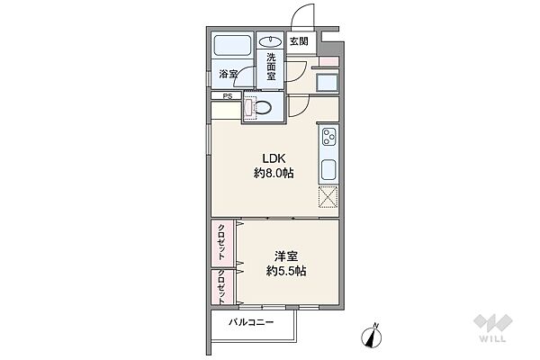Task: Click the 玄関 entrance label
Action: (x=299, y=41)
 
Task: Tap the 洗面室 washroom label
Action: (x=271, y=66)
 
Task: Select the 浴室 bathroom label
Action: (x=228, y=74)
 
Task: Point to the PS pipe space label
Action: (x=228, y=96)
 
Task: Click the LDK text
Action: (x=274, y=158)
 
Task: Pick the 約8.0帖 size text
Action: (x=274, y=173)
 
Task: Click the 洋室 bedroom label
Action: (x=286, y=256)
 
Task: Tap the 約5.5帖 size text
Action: (x=286, y=271)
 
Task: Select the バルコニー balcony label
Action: (x=251, y=322)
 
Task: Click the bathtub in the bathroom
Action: (x=232, y=45)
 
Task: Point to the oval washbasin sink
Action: (x=270, y=42)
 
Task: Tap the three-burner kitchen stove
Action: (x=328, y=137)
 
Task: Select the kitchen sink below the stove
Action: (x=328, y=169)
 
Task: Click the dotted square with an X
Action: (x=328, y=197)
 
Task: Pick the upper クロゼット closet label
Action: (x=221, y=242)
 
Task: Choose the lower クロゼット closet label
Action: (x=221, y=286)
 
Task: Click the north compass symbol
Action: (x=372, y=336)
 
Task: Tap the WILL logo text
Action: (x=493, y=338)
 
